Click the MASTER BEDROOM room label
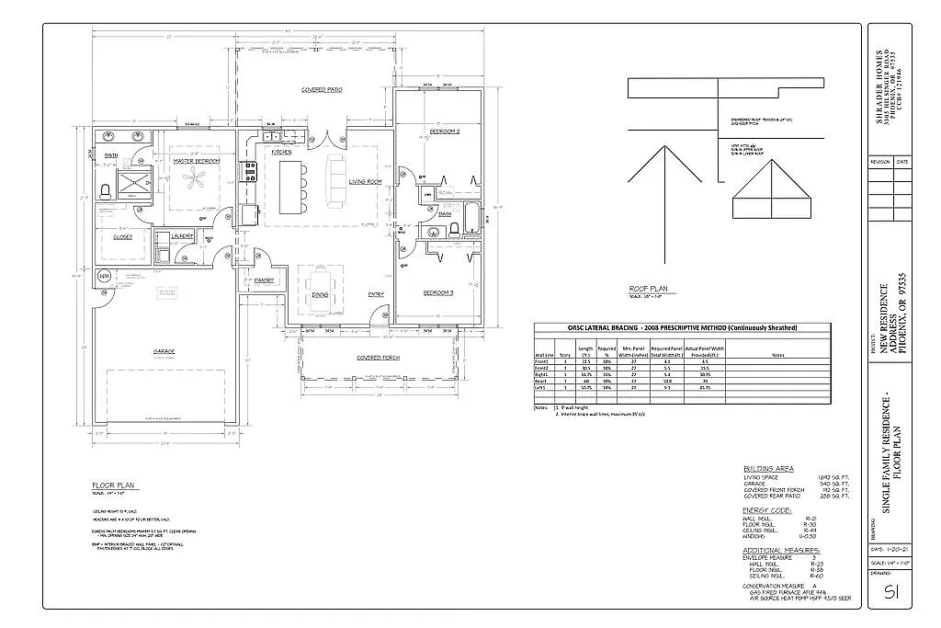pyautogui.click(x=196, y=161)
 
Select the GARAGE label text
pyautogui.click(x=164, y=351)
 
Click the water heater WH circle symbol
pyautogui.click(x=104, y=277)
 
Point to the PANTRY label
pyautogui.click(x=265, y=280)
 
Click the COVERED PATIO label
pyautogui.click(x=322, y=90)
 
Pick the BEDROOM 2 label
pyautogui.click(x=445, y=132)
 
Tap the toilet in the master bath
pyautogui.click(x=105, y=191)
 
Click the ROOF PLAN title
pyautogui.click(x=647, y=288)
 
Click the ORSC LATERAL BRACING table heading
pyautogui.click(x=682, y=328)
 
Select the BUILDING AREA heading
pyautogui.click(x=768, y=468)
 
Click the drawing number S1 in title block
pyautogui.click(x=890, y=591)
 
